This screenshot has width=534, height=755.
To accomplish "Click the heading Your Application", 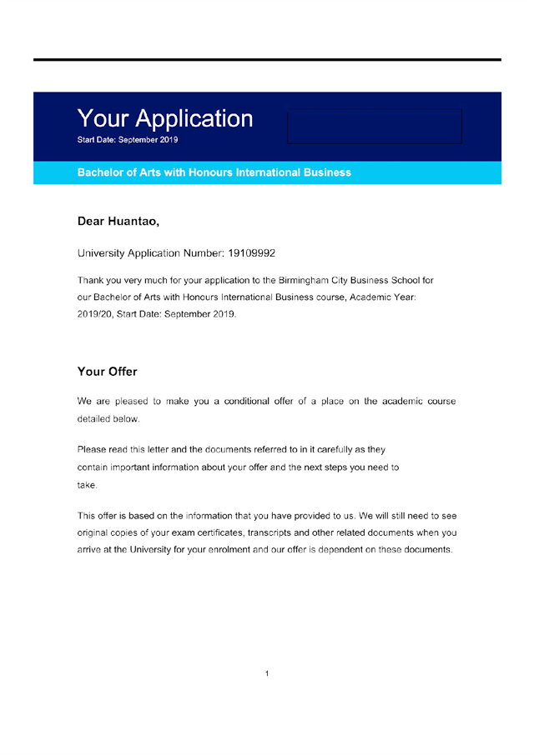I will tap(164, 118).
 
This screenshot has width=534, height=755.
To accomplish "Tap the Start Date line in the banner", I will tap(127, 140).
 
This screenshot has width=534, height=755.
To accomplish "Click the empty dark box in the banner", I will tap(374, 126).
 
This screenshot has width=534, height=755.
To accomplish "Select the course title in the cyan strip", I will tap(214, 172).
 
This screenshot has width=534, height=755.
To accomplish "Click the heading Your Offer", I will tap(107, 372).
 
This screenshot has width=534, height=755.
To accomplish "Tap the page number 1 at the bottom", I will tap(266, 673).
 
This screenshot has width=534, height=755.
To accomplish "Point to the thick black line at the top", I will tap(267, 60).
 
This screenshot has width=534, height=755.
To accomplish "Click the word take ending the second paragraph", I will tap(87, 485).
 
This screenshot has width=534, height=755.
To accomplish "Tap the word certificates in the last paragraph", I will tap(214, 532).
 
